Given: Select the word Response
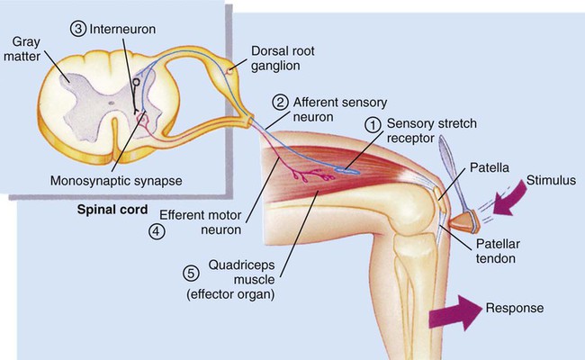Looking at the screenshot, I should [x=514, y=308].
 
